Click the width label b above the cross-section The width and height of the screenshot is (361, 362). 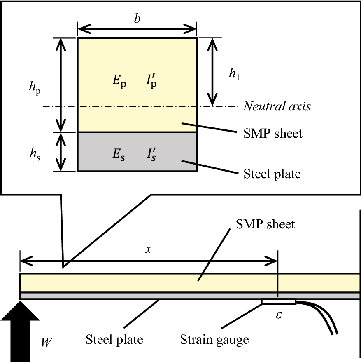tap(137, 18)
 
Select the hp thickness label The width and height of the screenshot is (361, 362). tap(35, 88)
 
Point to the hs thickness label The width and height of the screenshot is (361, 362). tap(35, 154)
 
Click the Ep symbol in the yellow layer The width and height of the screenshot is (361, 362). tap(119, 81)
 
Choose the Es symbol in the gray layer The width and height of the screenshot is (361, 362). tap(119, 154)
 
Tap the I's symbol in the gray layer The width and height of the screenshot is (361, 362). tap(151, 154)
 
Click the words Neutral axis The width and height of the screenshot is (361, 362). tap(277, 106)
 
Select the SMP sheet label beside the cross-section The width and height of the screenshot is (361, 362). tap(273, 134)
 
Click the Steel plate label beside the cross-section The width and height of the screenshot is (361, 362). tap(272, 174)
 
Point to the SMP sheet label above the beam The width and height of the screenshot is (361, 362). tap(266, 224)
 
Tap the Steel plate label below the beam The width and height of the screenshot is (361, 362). tap(114, 340)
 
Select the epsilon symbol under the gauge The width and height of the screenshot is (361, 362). tap(279, 315)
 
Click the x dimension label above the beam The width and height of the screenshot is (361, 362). tap(149, 249)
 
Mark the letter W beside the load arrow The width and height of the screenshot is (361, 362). tap(47, 342)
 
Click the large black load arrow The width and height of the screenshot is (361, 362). tap(20, 332)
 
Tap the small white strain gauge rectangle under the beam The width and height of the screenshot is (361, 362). tap(279, 302)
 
